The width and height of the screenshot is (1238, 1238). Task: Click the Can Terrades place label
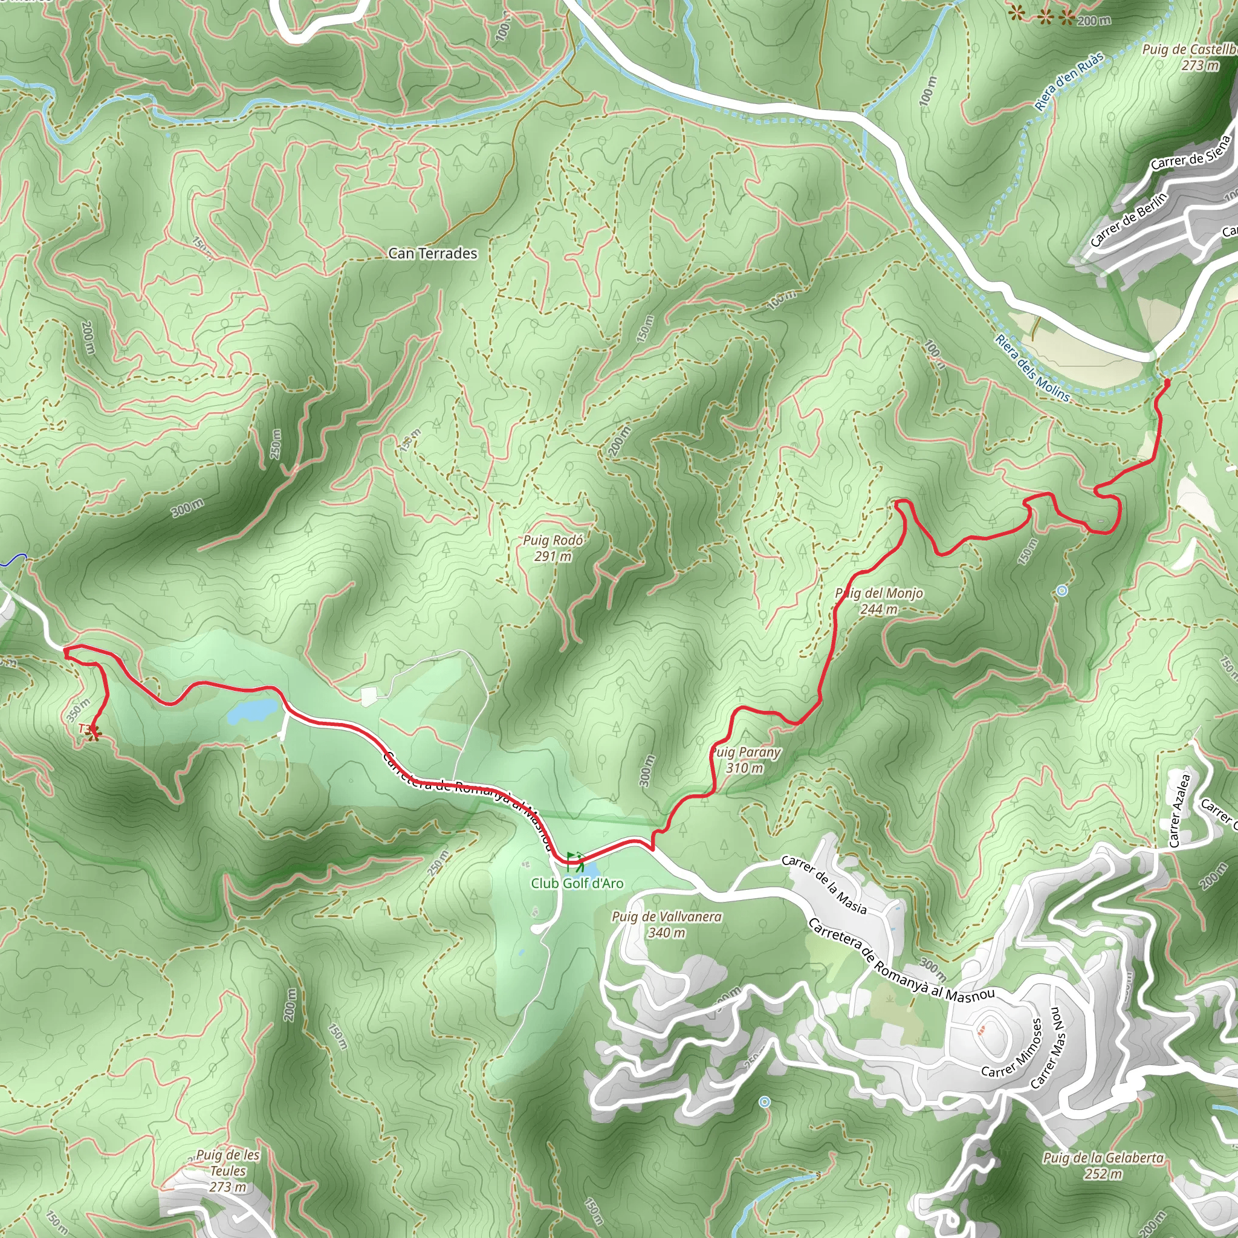[433, 254]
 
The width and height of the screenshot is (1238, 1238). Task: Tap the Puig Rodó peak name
[553, 540]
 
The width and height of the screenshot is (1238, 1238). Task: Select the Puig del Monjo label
[879, 594]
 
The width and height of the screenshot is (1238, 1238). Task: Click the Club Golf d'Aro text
[577, 883]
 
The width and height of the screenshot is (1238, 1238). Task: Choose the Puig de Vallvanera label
[666, 917]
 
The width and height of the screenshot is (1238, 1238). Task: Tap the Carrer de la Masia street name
[824, 885]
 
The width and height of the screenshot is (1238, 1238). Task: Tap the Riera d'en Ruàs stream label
[1069, 82]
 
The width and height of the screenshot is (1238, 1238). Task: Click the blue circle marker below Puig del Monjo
[1061, 590]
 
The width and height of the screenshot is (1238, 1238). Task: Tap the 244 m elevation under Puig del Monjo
[878, 609]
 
